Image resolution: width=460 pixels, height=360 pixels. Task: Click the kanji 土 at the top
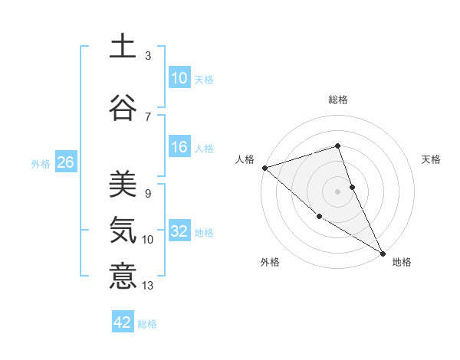pos(123,46)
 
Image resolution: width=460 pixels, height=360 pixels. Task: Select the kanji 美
pos(123,184)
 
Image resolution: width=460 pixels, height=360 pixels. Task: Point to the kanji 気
pos(123,229)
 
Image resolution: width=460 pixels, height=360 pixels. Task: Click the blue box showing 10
pos(179,77)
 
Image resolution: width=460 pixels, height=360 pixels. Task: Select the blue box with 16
pos(179,147)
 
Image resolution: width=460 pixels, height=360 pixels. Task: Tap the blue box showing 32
pos(179,231)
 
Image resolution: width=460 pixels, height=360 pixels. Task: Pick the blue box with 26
pos(65,162)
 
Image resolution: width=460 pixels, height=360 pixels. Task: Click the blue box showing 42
pos(123,322)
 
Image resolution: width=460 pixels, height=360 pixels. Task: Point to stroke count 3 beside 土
pos(148,56)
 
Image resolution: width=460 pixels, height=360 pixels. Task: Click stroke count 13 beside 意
pos(148,286)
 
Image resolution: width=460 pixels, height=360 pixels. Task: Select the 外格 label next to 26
pos(41,163)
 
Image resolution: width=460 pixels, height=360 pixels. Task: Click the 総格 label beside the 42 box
pos(147,324)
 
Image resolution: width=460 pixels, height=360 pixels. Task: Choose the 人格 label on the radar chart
pos(245,159)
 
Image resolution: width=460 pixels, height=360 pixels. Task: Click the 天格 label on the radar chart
pos(432,159)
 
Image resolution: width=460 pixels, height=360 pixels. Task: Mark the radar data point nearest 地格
pos(383,253)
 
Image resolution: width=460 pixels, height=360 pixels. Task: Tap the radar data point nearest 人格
pos(264,168)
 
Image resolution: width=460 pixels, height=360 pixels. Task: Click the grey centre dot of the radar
pos(337,191)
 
